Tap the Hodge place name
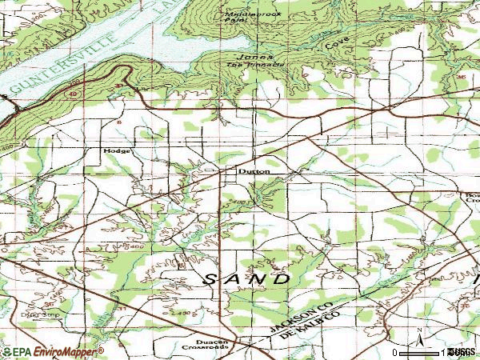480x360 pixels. [115, 151]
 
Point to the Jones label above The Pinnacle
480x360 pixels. [264, 58]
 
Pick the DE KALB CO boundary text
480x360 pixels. [317, 326]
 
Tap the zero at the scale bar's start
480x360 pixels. [395, 353]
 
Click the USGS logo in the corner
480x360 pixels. [463, 353]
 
